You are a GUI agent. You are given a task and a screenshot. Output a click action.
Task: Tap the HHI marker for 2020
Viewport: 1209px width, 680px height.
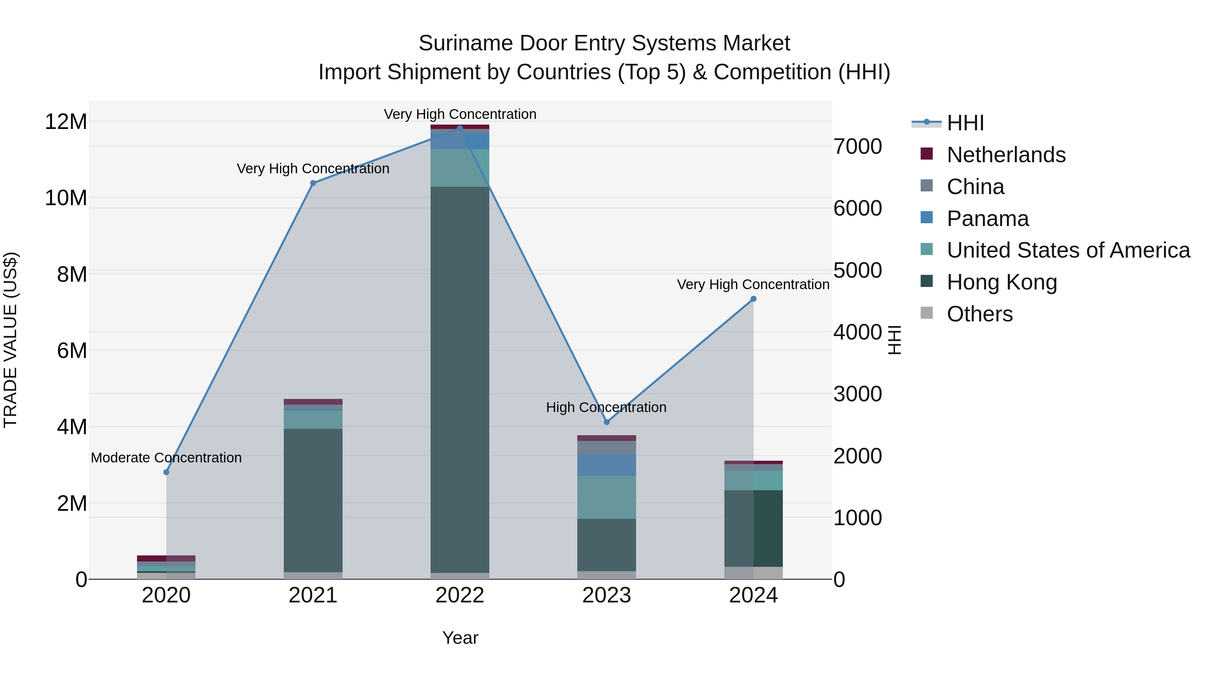click(166, 472)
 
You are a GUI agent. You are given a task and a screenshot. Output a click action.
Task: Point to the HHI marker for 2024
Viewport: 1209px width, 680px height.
click(753, 299)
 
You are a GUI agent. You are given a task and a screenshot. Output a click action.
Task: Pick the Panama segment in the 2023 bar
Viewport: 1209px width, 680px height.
click(607, 465)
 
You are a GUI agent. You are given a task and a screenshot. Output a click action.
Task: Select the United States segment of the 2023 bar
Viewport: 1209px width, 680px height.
click(607, 497)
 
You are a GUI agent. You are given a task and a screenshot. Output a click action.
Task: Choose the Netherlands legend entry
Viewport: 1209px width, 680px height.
click(1006, 155)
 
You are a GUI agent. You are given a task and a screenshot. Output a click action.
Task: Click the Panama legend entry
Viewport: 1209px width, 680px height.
click(987, 219)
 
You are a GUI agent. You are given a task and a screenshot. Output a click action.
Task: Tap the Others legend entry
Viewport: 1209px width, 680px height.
click(980, 314)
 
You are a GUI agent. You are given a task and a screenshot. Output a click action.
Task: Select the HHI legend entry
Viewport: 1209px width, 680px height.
click(965, 123)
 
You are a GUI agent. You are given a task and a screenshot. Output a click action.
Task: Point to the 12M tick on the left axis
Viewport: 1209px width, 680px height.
click(66, 122)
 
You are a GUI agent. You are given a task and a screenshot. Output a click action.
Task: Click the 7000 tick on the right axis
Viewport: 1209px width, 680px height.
click(857, 146)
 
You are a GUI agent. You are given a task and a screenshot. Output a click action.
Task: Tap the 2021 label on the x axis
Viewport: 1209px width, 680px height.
click(313, 595)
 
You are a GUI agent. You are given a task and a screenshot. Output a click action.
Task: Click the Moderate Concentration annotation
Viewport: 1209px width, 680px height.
click(166, 458)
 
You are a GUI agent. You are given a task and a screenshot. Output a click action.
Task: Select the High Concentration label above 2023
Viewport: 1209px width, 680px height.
click(606, 407)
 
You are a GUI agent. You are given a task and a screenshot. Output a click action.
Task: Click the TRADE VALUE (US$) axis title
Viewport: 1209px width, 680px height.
click(10, 340)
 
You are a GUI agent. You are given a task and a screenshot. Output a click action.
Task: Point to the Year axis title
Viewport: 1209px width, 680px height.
click(460, 638)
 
